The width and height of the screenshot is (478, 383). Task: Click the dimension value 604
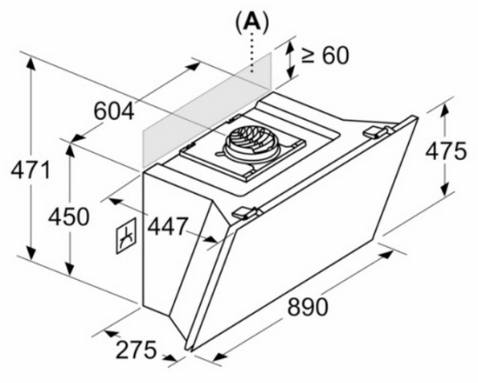114,111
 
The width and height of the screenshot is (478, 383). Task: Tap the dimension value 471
31,170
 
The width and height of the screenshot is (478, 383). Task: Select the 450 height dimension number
69,216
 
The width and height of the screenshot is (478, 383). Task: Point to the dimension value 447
167,226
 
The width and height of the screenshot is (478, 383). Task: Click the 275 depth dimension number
136,350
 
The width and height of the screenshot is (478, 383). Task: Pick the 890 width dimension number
308,307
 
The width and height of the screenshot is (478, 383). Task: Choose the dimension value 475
446,150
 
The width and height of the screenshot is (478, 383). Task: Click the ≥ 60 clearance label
325,56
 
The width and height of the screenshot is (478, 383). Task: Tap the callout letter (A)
252,22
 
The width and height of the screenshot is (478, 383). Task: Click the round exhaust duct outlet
251,143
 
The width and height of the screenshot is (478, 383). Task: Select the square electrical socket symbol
126,236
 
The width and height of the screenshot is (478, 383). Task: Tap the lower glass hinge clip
246,212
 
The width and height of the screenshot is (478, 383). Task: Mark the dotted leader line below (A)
251,52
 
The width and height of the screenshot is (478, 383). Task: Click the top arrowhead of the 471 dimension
31,64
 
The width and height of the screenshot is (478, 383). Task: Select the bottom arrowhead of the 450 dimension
70,268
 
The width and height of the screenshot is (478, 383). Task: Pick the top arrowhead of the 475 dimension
445,110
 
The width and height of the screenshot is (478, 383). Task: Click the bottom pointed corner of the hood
186,348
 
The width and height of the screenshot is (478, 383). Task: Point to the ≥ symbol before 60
308,56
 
